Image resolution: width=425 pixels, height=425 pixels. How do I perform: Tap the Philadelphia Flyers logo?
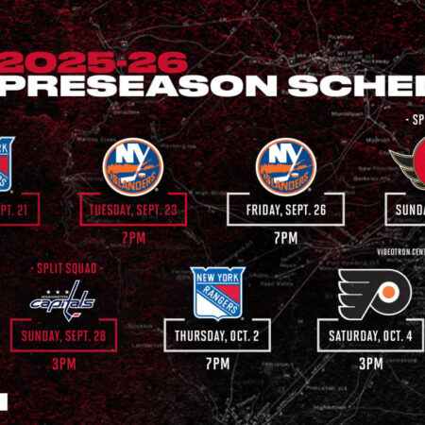[x=376, y=294]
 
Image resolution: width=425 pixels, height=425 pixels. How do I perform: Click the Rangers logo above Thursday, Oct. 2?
[x=218, y=293]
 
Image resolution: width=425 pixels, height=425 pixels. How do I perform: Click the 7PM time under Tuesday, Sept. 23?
[x=133, y=237]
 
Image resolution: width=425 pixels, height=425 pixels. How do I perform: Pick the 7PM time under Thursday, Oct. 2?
[x=218, y=363]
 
